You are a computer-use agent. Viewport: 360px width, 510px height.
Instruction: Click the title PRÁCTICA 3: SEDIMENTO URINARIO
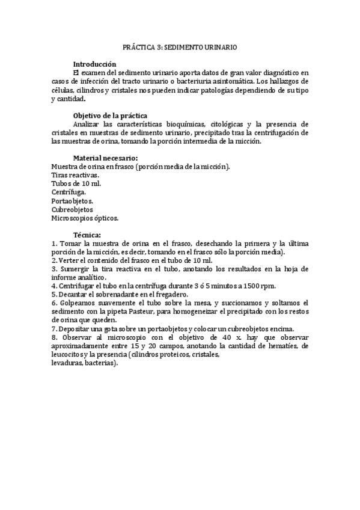(179, 46)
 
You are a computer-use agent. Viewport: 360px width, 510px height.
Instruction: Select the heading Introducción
(94, 64)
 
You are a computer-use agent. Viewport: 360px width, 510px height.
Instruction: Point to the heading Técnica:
(87, 235)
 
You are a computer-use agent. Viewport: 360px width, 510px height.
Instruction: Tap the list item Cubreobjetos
(72, 209)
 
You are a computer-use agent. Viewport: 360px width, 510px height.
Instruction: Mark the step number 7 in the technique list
(53, 329)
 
